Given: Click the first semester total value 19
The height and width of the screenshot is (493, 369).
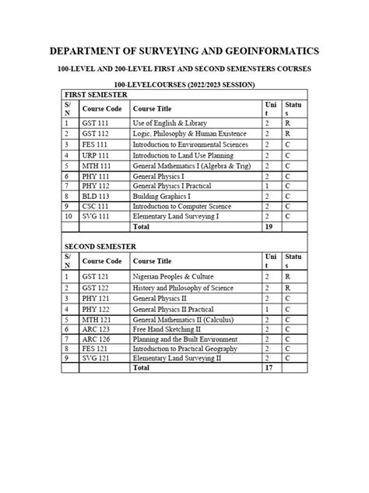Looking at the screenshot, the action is pos(269,227).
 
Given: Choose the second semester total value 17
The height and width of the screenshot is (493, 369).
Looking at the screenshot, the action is pos(269,368).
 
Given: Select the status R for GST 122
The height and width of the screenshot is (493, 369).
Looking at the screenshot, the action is pos(288,289).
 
